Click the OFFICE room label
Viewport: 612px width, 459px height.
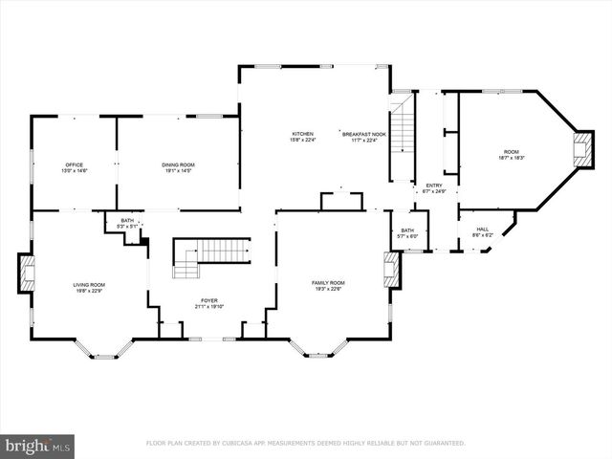[75, 164]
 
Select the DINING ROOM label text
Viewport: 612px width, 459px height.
[178, 164]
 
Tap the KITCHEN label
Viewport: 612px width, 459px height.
[302, 134]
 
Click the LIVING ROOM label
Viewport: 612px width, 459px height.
[89, 284]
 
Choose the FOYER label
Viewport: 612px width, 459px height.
[209, 300]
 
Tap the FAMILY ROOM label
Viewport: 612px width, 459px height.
[328, 282]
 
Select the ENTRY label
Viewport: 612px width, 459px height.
[434, 186]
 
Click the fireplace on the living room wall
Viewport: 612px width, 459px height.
[26, 273]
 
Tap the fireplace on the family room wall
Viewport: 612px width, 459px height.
[390, 270]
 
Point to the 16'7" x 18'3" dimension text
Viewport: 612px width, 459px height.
[513, 158]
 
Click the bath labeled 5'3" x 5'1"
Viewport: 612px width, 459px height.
[127, 223]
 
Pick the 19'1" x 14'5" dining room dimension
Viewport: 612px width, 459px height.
[178, 170]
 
